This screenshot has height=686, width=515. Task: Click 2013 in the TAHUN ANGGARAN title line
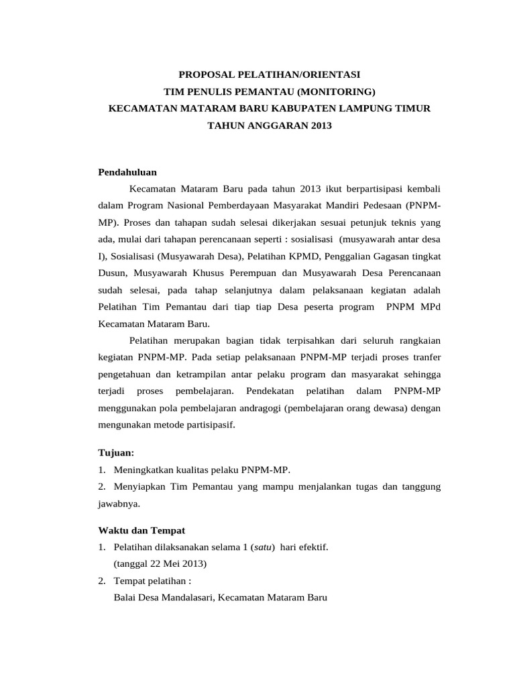point(321,125)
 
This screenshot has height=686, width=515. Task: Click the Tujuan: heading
point(116,453)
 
